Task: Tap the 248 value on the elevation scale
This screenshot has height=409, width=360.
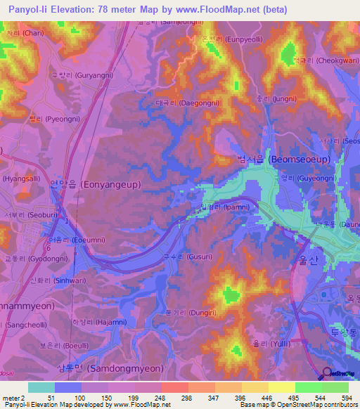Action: pyautogui.click(x=160, y=397)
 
